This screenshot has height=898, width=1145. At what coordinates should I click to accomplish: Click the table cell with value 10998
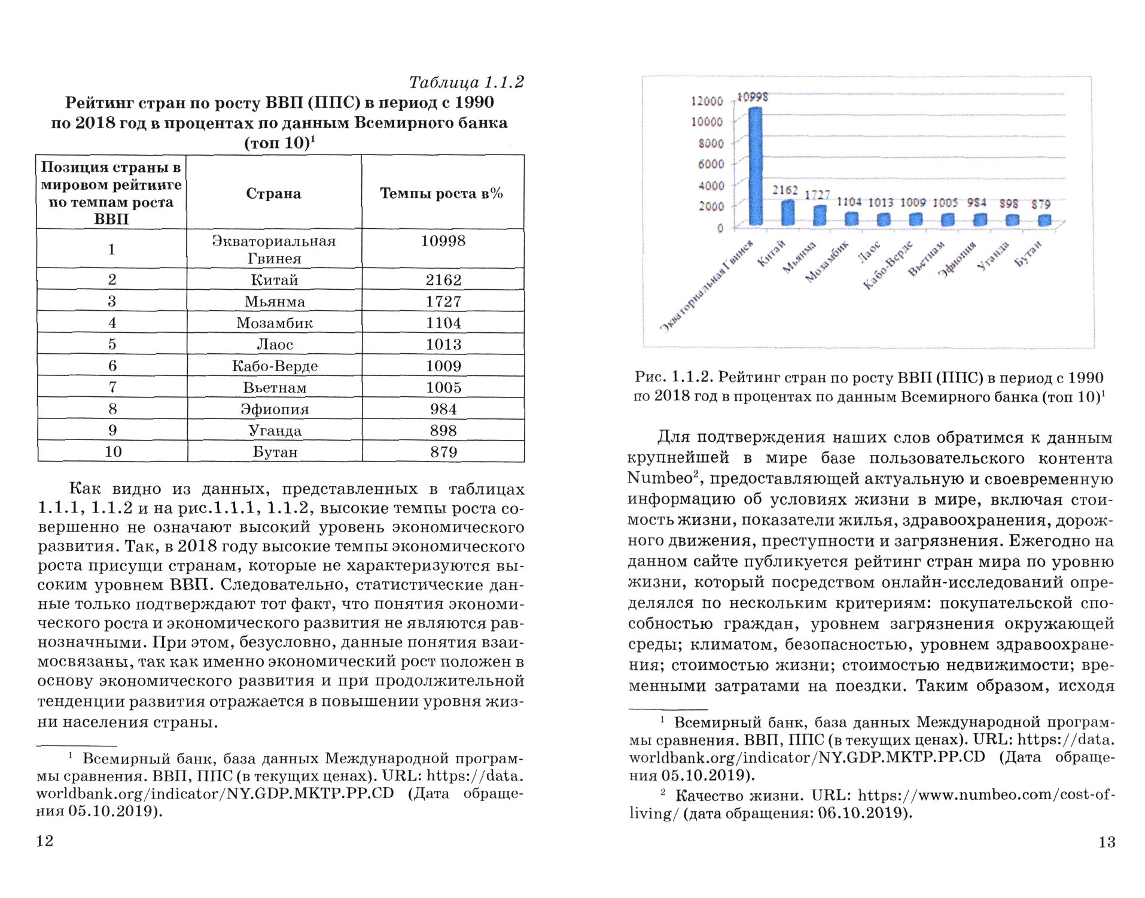443,241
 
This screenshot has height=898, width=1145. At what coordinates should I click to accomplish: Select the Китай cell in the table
274,280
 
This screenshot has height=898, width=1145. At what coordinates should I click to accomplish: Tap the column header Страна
273,193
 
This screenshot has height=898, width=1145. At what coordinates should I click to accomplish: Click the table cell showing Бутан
275,452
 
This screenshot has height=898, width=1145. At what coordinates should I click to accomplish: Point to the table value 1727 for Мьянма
443,302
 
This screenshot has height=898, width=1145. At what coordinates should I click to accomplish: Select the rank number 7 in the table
112,387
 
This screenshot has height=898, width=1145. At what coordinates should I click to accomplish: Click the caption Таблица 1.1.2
466,82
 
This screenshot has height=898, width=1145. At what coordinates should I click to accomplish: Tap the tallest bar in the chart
756,166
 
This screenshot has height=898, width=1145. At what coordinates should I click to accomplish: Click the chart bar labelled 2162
788,213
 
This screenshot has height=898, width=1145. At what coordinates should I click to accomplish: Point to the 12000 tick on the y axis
707,101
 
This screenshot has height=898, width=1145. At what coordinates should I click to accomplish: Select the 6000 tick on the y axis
711,164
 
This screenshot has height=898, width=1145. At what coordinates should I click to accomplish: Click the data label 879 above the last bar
1041,204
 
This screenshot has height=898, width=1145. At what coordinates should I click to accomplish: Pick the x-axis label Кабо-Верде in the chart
888,265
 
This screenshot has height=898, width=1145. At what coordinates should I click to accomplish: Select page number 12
45,841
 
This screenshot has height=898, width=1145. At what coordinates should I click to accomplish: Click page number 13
1107,842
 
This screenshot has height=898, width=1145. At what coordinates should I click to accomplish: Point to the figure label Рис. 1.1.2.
674,377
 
